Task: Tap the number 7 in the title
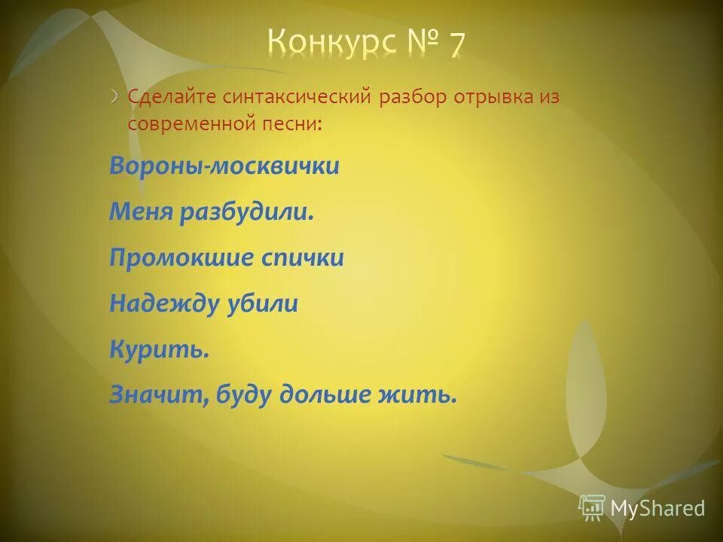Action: (x=456, y=44)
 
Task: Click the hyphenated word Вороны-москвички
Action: (x=224, y=166)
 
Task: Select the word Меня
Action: (x=141, y=212)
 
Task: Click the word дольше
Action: (x=319, y=395)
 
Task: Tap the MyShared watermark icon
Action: (x=592, y=508)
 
